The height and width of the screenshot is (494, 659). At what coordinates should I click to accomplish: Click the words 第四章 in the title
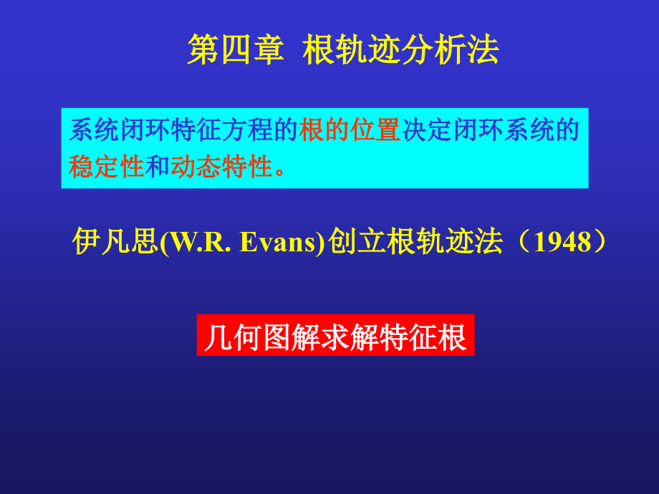click(236, 49)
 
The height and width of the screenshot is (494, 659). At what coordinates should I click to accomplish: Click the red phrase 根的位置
click(350, 130)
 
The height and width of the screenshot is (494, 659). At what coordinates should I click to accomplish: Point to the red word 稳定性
click(106, 166)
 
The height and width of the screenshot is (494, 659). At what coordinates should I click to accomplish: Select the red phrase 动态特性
click(222, 166)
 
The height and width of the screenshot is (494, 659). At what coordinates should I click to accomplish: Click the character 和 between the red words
click(158, 166)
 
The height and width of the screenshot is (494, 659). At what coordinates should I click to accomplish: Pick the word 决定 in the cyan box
click(427, 130)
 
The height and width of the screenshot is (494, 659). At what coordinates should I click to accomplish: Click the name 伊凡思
click(115, 241)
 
